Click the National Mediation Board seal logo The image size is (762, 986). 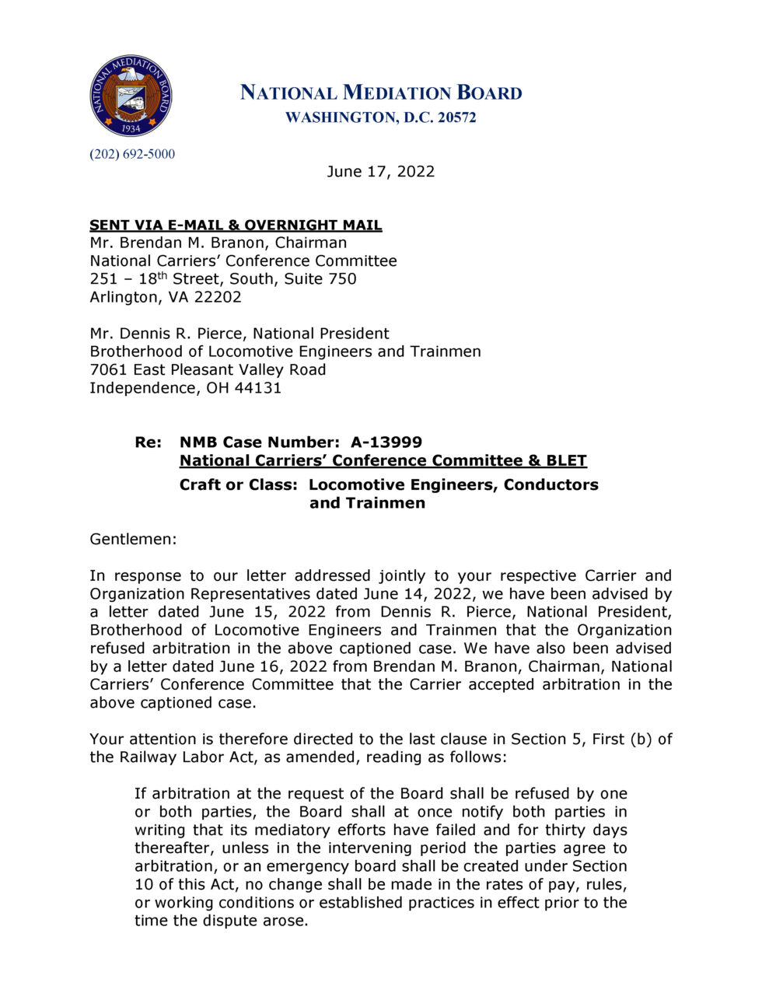point(130,96)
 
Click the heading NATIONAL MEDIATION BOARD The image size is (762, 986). point(380,93)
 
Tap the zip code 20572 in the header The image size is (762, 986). point(456,117)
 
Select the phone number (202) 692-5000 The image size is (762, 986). point(132,154)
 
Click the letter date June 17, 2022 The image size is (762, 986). point(380,171)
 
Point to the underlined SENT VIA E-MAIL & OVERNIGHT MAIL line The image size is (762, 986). point(236,225)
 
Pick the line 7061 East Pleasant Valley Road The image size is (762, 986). point(208,369)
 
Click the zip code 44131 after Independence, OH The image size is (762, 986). point(257,387)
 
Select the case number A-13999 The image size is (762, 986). point(386,442)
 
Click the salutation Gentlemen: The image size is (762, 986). point(133,539)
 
